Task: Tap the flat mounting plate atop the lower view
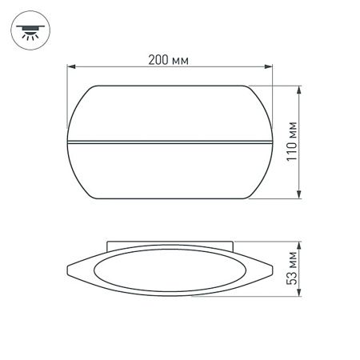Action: coord(170,243)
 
